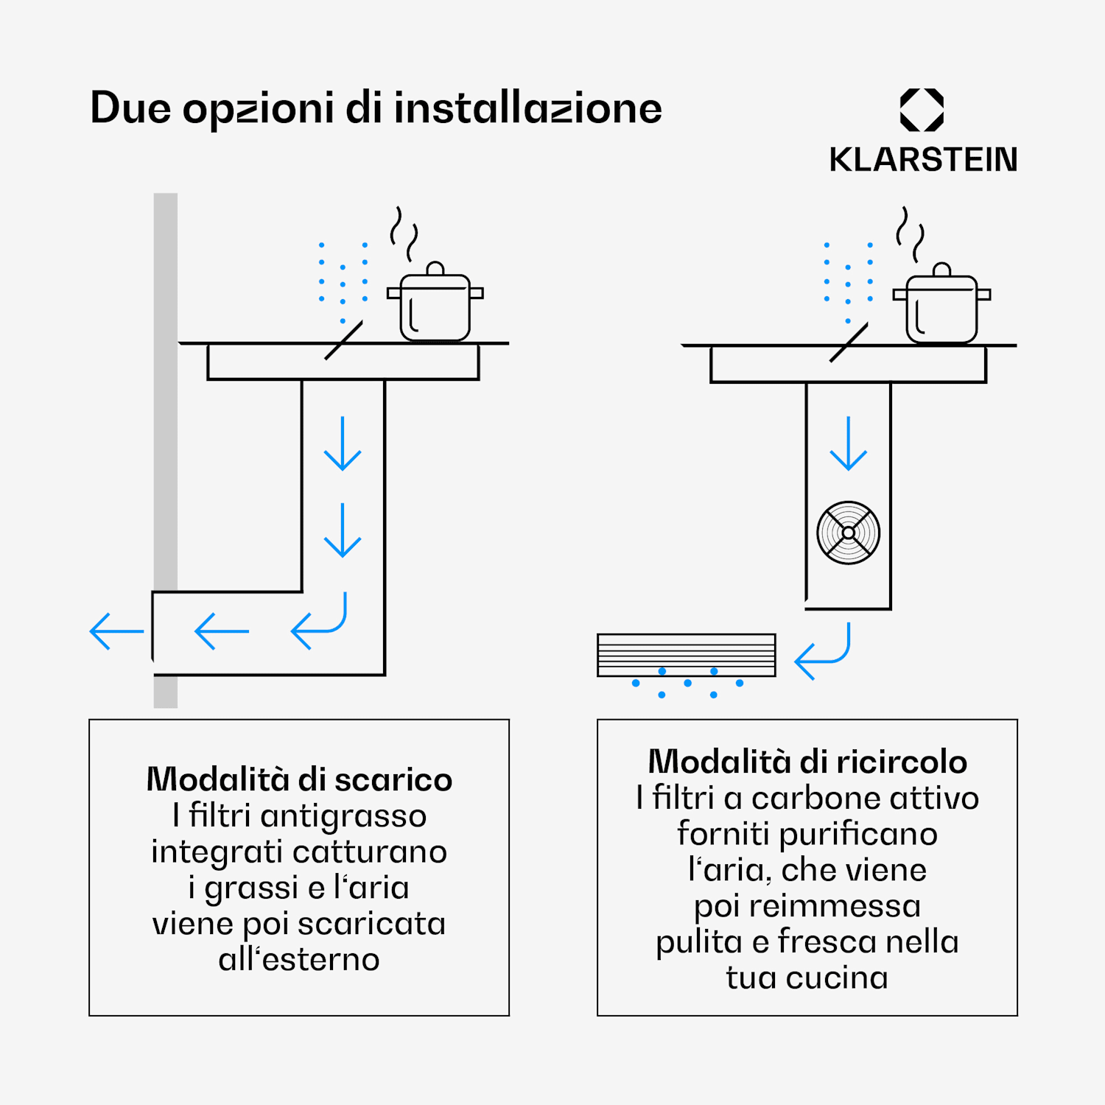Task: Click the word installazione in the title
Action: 527,108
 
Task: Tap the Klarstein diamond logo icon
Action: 922,110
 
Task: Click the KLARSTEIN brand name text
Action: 923,160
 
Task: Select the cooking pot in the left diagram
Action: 435,306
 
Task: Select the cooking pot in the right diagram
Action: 941,307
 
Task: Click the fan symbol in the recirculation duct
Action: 849,533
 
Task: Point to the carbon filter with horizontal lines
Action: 686,654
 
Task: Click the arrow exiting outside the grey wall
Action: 116,631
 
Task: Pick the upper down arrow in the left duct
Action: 343,443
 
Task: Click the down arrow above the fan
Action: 849,443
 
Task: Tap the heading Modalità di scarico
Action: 299,779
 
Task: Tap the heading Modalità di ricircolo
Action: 807,761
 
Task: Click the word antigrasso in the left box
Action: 343,816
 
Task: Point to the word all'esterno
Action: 299,959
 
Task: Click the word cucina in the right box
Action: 837,978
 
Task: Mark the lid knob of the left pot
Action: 435,267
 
